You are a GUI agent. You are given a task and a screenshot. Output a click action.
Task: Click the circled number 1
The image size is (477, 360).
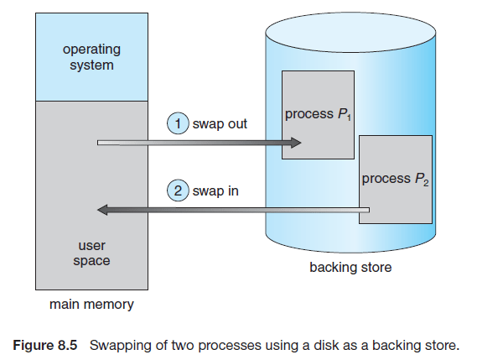178,123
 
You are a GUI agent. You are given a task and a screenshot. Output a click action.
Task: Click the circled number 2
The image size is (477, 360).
178,190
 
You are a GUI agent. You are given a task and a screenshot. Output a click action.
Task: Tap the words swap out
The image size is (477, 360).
220,124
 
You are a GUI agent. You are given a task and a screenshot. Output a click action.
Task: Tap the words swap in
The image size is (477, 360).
215,191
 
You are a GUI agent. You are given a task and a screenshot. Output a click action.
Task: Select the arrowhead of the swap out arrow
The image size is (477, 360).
296,143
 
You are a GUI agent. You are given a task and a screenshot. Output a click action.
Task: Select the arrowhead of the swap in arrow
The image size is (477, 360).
102,210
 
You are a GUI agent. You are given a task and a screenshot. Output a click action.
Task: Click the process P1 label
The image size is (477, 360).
318,114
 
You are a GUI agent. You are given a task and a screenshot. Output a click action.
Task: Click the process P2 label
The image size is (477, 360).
395,179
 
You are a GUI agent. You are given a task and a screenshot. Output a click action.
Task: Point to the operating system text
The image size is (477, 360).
91,57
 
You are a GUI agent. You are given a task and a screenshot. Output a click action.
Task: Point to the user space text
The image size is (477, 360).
91,253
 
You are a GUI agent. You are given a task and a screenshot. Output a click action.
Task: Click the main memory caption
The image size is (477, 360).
91,305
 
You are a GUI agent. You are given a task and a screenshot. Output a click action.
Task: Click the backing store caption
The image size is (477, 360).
350,268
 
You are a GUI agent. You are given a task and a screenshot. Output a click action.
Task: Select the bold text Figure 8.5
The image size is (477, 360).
45,346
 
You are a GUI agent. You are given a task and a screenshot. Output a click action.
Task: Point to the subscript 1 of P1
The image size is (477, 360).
349,117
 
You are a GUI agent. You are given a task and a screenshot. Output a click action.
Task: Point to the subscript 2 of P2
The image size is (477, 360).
426,182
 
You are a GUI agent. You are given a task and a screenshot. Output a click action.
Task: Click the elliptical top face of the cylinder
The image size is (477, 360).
350,32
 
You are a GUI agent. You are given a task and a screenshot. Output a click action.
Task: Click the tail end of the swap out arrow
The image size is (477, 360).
98,143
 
